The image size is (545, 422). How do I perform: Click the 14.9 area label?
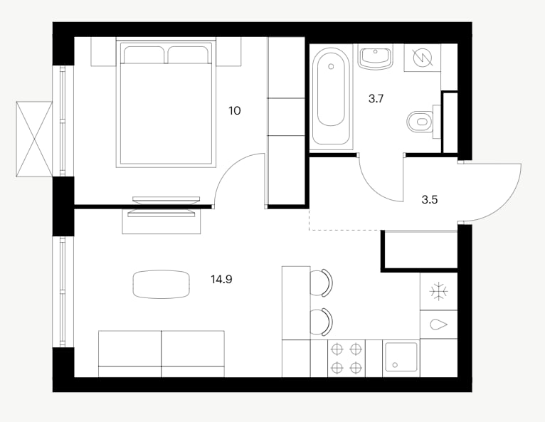coord(221,279)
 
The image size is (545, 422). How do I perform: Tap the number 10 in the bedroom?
coord(235,111)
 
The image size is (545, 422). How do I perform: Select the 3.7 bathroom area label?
coord(376,99)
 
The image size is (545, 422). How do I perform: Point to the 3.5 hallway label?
coord(430,200)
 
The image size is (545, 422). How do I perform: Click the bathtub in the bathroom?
coord(331,96)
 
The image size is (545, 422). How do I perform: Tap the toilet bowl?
coord(421,122)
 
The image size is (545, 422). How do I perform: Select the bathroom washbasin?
coord(375,57)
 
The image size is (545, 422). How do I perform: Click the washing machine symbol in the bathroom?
coord(422,58)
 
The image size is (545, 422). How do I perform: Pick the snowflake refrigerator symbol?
coord(439,291)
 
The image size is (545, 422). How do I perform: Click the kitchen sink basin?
coord(401,357)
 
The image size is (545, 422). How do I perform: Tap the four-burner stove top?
coord(346,358)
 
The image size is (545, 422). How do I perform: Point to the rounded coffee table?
coord(162,285)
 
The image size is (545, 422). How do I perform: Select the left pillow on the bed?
coord(144,55)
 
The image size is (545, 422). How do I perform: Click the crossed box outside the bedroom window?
coord(34,139)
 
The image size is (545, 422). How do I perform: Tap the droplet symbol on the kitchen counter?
coord(439,325)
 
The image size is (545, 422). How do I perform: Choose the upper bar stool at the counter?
coord(322,283)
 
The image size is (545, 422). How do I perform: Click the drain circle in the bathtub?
coord(331,66)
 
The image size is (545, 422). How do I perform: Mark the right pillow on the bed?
coord(189,55)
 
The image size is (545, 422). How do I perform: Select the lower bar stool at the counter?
coord(322,322)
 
